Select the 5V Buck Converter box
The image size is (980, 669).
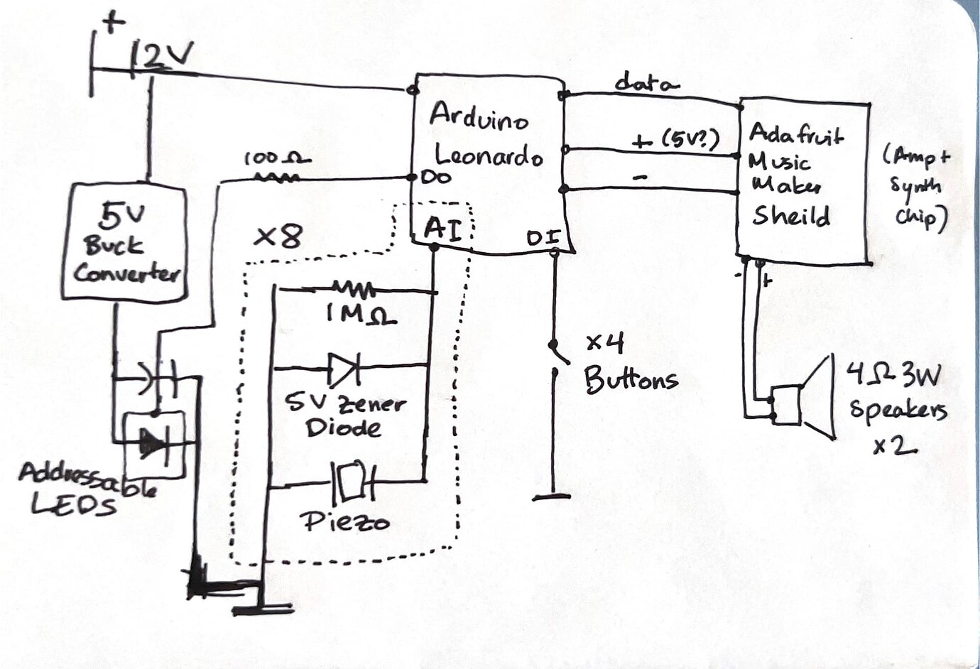[125, 241]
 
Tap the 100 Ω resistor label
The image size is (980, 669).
[277, 158]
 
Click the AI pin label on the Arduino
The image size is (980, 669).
[443, 229]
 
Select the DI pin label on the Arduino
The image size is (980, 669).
[544, 238]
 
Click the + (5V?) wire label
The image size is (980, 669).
[676, 140]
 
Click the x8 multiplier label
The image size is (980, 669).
[278, 236]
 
